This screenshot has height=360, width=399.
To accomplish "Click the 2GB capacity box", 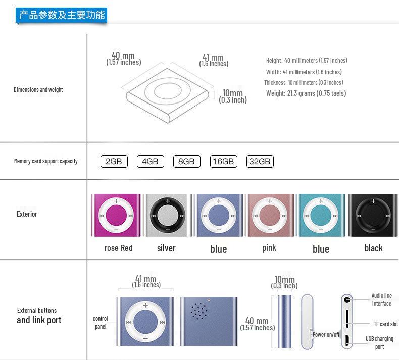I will (114, 162).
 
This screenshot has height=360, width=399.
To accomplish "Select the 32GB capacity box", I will (260, 162).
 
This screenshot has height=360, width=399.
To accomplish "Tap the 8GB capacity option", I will (186, 162).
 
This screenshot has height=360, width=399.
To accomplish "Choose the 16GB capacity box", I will (223, 162).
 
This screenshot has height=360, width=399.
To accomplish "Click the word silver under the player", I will (166, 248).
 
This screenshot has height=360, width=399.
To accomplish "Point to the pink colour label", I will (269, 248).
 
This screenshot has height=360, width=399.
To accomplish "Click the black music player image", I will (373, 215).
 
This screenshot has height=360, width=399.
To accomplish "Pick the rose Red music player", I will (116, 215).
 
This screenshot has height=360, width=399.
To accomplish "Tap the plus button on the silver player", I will (167, 201).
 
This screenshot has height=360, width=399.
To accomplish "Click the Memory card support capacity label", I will (46, 161).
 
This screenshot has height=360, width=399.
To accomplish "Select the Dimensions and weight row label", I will (38, 90).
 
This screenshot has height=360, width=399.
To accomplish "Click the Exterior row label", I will (27, 214).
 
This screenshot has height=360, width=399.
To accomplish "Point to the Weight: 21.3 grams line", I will (306, 93).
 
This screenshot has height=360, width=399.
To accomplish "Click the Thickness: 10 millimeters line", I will (304, 83).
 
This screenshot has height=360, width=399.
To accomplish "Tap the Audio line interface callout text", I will (381, 300).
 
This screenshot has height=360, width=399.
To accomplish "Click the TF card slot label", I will (385, 324).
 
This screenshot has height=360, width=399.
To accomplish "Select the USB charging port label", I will (379, 343).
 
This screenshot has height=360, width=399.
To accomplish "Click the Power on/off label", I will (326, 335).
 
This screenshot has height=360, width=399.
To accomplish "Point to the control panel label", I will (101, 323).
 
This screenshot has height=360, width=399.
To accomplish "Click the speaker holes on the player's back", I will (198, 311).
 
